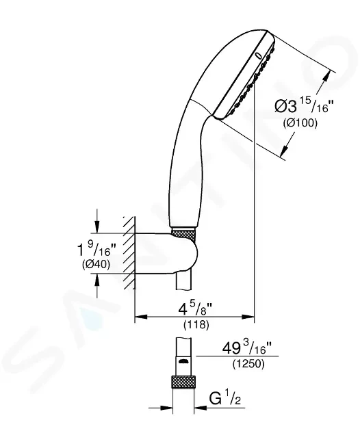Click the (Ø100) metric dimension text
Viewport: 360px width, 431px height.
pyautogui.click(x=300, y=122)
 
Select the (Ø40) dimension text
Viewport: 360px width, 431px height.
pyautogui.click(x=96, y=264)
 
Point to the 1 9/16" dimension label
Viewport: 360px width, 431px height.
pyautogui.click(x=96, y=249)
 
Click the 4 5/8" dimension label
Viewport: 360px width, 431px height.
pyautogui.click(x=196, y=309)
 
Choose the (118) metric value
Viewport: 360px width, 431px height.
pyautogui.click(x=196, y=325)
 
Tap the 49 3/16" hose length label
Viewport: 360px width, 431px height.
pyautogui.click(x=246, y=348)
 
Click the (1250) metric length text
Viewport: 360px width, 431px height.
pyautogui.click(x=248, y=364)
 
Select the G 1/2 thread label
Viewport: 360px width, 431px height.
pyautogui.click(x=225, y=398)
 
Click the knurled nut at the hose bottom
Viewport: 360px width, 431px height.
pyautogui.click(x=183, y=382)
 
